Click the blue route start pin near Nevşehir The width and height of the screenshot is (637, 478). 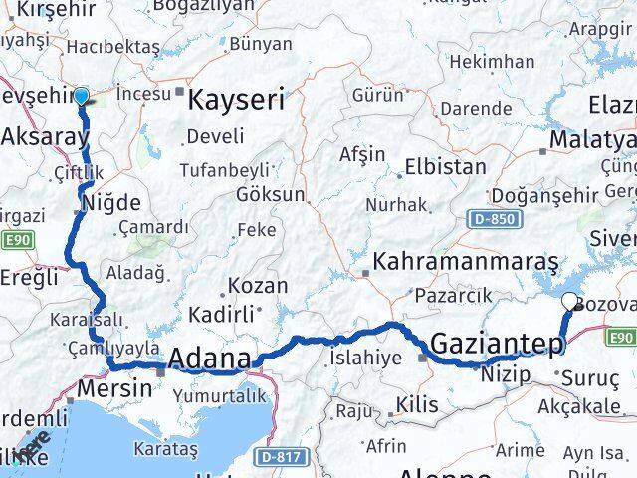81,96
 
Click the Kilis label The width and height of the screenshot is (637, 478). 417,405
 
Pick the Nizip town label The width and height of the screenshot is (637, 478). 499,377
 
